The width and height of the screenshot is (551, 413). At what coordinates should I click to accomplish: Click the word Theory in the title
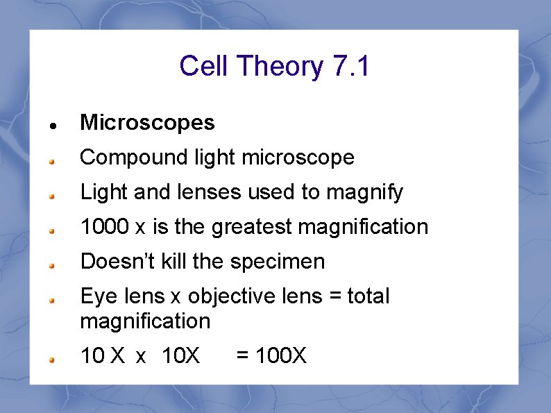tap(280, 67)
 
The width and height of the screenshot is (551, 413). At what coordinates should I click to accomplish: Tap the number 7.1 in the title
tap(352, 67)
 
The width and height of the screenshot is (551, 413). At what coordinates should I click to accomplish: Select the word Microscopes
tap(148, 123)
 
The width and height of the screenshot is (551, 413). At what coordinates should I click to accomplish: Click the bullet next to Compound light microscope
tap(52, 161)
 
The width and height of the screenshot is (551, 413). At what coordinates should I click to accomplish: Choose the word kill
tap(173, 262)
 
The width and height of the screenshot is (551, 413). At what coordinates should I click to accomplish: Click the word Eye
tap(96, 297)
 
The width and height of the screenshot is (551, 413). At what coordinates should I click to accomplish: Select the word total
tap(368, 296)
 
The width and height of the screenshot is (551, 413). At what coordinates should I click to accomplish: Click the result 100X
tap(281, 356)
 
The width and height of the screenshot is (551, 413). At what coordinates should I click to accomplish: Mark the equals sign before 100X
tap(243, 356)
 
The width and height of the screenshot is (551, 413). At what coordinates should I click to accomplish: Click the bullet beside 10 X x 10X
tap(52, 360)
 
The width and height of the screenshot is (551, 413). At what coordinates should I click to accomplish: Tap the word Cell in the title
tap(205, 67)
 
